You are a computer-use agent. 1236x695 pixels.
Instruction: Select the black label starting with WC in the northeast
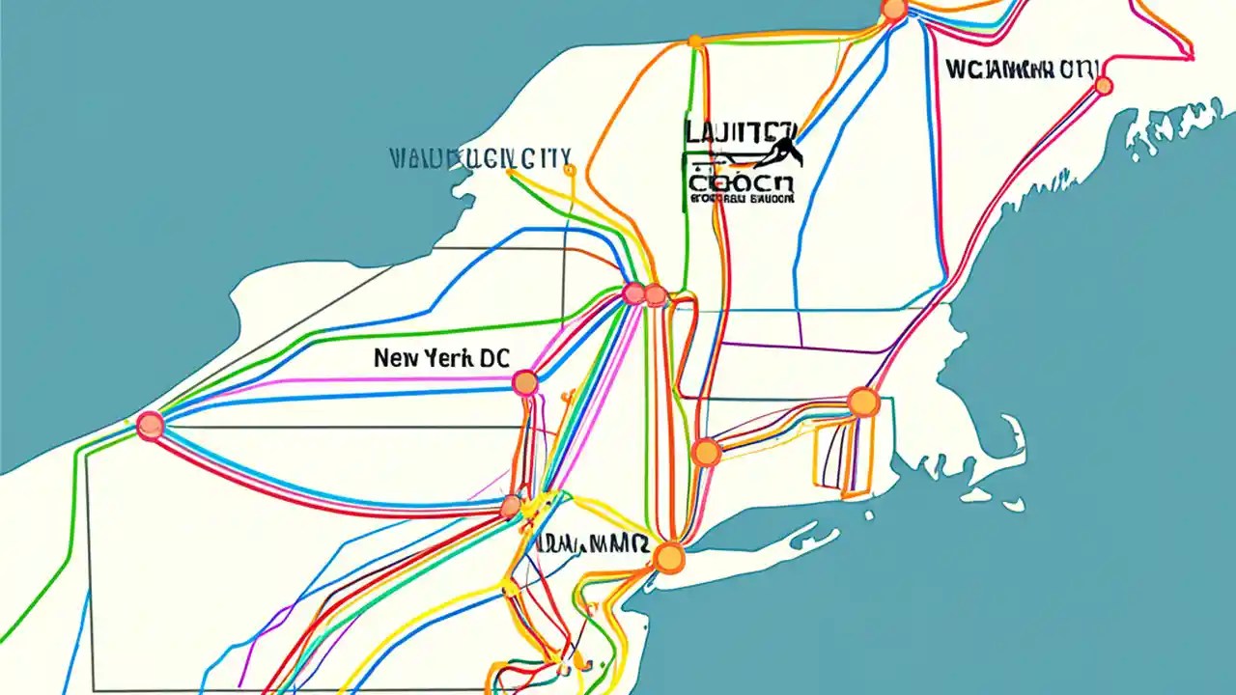tap(1022, 69)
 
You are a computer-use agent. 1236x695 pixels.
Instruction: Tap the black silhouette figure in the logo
tap(781, 150)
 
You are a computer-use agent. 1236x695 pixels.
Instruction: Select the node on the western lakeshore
tap(150, 426)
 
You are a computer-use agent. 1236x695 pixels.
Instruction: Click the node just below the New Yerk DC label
tap(524, 383)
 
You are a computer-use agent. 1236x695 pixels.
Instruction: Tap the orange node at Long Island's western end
tap(667, 557)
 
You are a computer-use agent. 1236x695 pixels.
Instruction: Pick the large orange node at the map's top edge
tap(894, 11)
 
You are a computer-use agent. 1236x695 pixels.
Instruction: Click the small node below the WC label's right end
tap(1103, 86)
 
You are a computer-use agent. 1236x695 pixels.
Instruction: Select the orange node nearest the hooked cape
tap(862, 402)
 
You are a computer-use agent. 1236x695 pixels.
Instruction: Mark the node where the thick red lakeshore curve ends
tap(511, 505)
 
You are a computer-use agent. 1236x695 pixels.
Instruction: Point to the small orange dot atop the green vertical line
tap(694, 42)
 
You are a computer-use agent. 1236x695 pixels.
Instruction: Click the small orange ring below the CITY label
tap(569, 171)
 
